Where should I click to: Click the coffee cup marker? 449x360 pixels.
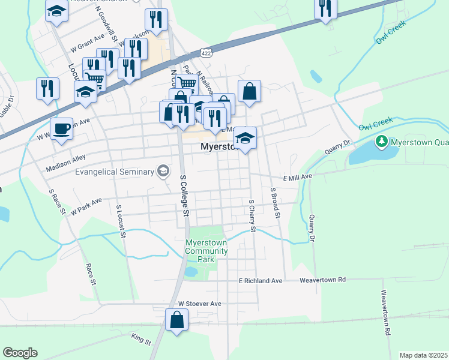[61, 128]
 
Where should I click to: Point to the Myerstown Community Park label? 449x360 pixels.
[206, 251]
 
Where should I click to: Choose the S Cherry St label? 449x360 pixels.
[252, 216]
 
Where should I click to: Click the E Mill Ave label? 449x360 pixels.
[298, 178]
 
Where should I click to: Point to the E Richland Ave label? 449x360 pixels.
[261, 281]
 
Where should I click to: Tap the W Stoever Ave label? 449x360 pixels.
[200, 304]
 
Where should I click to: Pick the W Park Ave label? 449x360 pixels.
[86, 206]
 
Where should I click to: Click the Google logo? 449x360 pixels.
[20, 353]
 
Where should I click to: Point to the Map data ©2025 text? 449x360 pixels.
[423, 355]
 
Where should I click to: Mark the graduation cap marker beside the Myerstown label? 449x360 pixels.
[245, 138]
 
